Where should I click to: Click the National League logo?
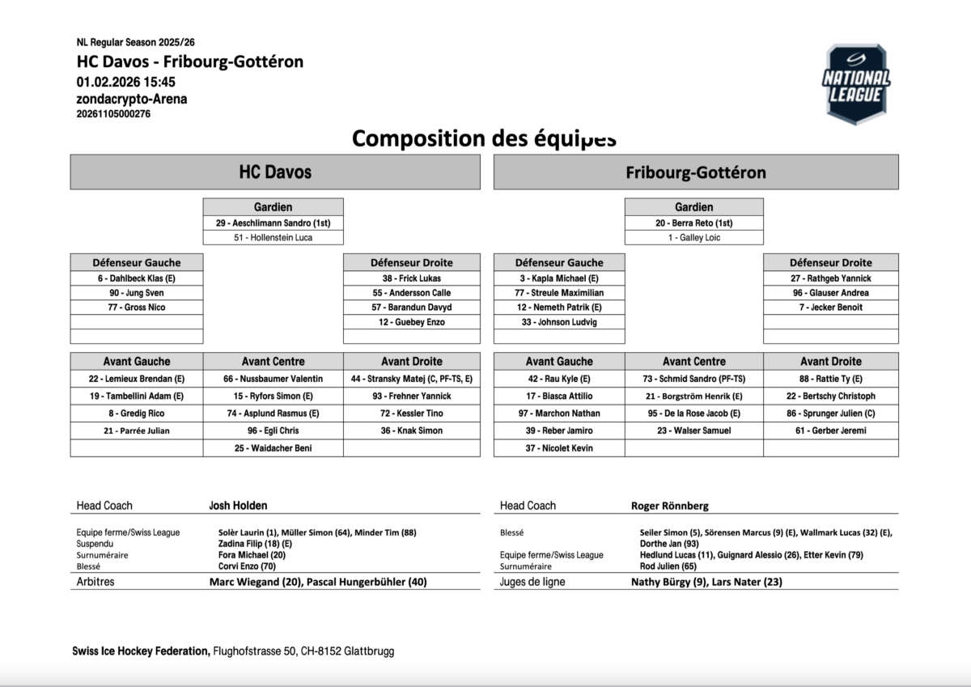pyautogui.click(x=856, y=84)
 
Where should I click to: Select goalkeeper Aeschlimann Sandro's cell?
pyautogui.click(x=273, y=223)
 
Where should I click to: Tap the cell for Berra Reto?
pyautogui.click(x=693, y=223)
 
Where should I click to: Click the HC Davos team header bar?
pyautogui.click(x=275, y=172)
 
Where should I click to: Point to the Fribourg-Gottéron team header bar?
pyautogui.click(x=696, y=172)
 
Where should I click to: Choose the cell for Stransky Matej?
pyautogui.click(x=412, y=379)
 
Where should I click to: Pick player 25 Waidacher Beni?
pyautogui.click(x=273, y=448)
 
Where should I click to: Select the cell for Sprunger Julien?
pyautogui.click(x=830, y=413)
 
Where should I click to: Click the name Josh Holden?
pyautogui.click(x=238, y=506)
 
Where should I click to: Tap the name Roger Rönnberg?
pyautogui.click(x=669, y=506)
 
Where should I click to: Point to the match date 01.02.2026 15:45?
pyautogui.click(x=126, y=82)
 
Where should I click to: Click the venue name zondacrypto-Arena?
pyautogui.click(x=132, y=99)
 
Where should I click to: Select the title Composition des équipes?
pyautogui.click(x=484, y=138)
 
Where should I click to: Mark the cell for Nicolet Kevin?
pyautogui.click(x=558, y=448)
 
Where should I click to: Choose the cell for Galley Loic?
pyautogui.click(x=693, y=238)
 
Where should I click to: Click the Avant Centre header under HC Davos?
pyautogui.click(x=273, y=362)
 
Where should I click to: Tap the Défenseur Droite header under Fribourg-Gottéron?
pyautogui.click(x=830, y=263)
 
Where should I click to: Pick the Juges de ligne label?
pyautogui.click(x=532, y=582)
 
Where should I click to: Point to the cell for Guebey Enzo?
pyautogui.click(x=412, y=322)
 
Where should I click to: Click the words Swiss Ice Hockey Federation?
pyautogui.click(x=141, y=651)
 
